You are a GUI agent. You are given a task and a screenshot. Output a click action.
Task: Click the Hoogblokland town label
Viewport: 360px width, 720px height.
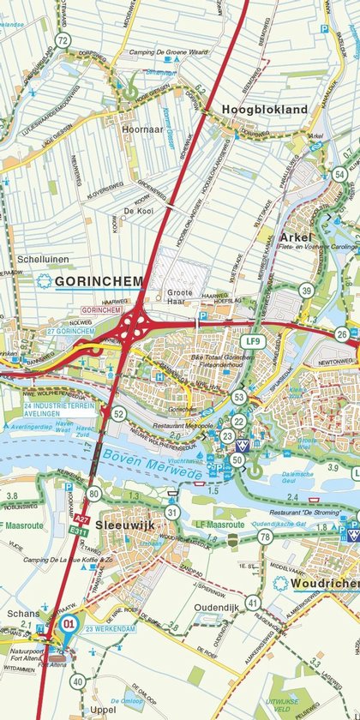coord(265,110)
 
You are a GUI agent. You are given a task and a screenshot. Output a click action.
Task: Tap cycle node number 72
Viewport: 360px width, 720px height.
coord(62,40)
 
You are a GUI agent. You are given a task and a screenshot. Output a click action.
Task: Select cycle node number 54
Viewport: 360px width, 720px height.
coord(340,175)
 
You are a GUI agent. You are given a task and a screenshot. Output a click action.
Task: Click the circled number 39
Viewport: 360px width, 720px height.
coord(306,291)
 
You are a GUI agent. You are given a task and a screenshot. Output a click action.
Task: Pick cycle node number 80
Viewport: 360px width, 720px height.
coord(93,493)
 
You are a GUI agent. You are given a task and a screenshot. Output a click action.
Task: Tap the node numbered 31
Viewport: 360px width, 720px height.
coord(172,513)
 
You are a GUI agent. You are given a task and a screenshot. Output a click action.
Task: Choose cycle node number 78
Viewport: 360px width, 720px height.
coord(265,537)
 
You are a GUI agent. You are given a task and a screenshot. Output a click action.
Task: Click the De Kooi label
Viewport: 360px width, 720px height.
coord(137,211)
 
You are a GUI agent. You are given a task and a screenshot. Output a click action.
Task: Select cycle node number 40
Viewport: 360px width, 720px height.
coord(78,682)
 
